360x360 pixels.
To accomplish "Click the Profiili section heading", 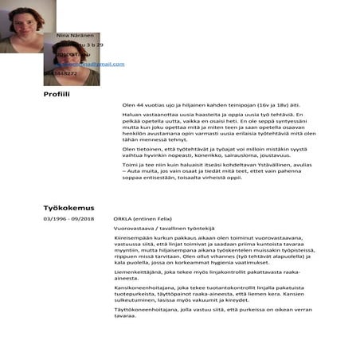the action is (57, 95).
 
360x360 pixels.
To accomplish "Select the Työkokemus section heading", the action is (68, 209).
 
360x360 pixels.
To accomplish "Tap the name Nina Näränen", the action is (75, 36).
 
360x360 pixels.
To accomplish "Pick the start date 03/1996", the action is (57, 218).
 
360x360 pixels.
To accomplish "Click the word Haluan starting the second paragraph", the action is (131, 116).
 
